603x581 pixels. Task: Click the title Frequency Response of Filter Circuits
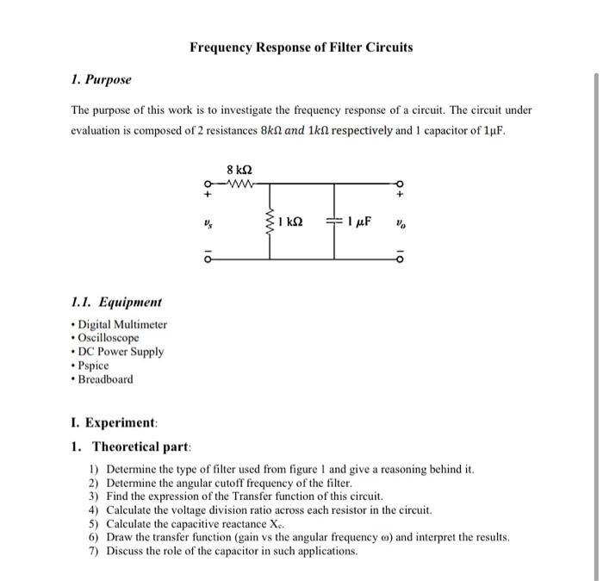coord(301,47)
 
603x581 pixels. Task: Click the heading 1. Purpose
coord(101,79)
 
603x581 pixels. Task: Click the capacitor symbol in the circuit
coord(333,222)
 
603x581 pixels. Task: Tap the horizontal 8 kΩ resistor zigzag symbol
coord(236,183)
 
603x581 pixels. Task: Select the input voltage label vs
coord(207,222)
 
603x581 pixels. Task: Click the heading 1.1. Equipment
coord(115,303)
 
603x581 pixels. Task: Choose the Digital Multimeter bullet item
coord(121,324)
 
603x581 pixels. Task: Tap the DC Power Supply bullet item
coord(120,352)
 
